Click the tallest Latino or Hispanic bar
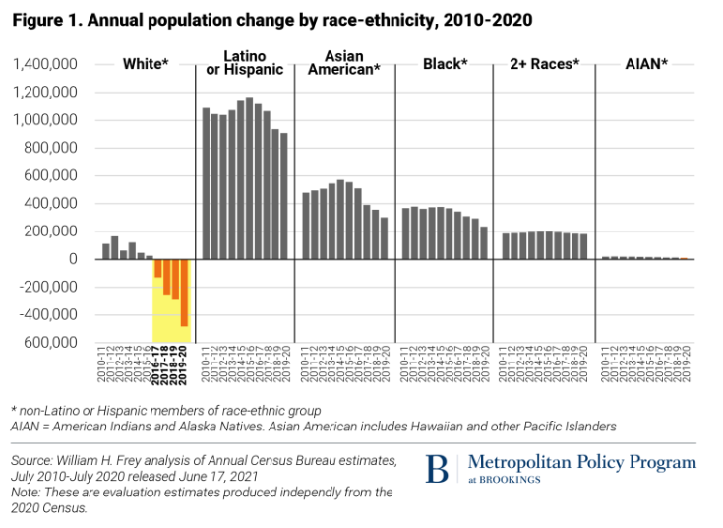pos(249,177)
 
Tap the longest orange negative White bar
pos(184,293)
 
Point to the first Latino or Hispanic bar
pos(206,183)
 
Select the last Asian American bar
pos(384,237)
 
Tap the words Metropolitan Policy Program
pos(581,461)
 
